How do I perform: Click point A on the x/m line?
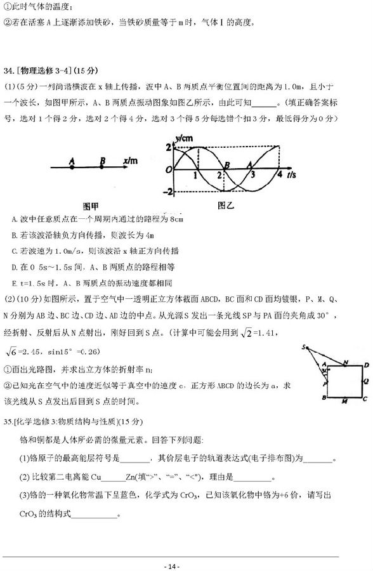coord(72,167)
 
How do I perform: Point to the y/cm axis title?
coord(186,138)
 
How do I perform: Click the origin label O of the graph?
coord(168,170)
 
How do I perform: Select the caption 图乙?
coord(226,205)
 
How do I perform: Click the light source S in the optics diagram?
coord(305,348)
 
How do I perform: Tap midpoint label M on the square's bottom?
coord(343,402)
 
